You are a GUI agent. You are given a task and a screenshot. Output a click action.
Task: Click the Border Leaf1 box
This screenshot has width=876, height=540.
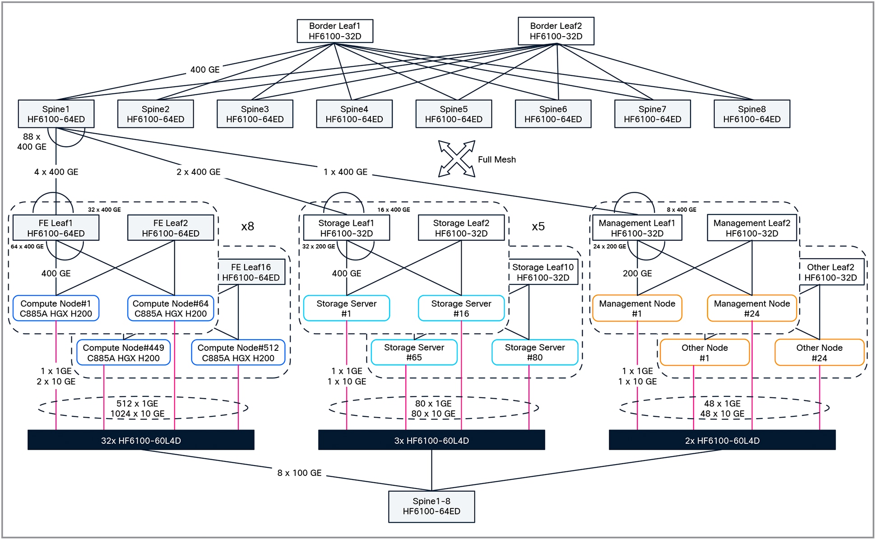click(x=335, y=31)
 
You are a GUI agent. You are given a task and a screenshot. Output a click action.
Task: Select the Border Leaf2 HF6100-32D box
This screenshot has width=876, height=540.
click(x=556, y=31)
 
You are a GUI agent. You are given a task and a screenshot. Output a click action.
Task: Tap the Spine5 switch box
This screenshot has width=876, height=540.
click(x=454, y=114)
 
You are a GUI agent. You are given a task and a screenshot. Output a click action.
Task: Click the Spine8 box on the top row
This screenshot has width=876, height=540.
click(x=751, y=114)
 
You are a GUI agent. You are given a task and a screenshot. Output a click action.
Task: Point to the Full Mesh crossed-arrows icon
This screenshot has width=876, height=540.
click(x=457, y=158)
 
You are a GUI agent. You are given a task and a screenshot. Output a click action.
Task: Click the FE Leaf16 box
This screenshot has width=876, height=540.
click(x=251, y=272)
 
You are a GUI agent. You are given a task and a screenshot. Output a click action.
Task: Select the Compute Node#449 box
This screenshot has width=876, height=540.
click(x=123, y=353)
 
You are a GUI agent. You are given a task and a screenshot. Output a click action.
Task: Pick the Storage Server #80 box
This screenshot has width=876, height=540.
click(x=534, y=352)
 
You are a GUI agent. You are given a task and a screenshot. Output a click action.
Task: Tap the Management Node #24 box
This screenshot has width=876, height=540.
click(x=751, y=308)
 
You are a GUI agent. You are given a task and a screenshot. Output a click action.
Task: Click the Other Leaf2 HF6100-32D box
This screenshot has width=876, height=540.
click(x=830, y=272)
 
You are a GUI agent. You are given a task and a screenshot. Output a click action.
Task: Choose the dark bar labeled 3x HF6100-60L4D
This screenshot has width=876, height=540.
click(x=431, y=440)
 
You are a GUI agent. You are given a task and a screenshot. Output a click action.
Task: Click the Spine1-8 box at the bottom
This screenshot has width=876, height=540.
click(x=431, y=506)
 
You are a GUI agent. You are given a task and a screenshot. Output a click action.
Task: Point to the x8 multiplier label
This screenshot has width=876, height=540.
click(x=247, y=226)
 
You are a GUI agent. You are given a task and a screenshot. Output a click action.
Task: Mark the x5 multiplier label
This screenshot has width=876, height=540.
click(x=538, y=226)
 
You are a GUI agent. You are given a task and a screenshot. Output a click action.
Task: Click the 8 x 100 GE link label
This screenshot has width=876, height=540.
click(x=299, y=473)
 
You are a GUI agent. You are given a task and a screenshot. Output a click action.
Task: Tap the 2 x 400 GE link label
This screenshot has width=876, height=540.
click(x=198, y=172)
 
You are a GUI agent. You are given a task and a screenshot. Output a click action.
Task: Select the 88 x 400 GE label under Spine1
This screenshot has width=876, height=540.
click(x=32, y=142)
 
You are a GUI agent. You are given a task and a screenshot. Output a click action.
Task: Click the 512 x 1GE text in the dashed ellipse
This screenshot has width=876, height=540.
click(x=137, y=403)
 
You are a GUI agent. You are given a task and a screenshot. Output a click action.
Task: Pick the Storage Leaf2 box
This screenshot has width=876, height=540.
click(x=461, y=228)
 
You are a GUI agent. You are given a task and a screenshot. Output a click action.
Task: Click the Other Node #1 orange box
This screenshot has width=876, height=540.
click(x=704, y=353)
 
